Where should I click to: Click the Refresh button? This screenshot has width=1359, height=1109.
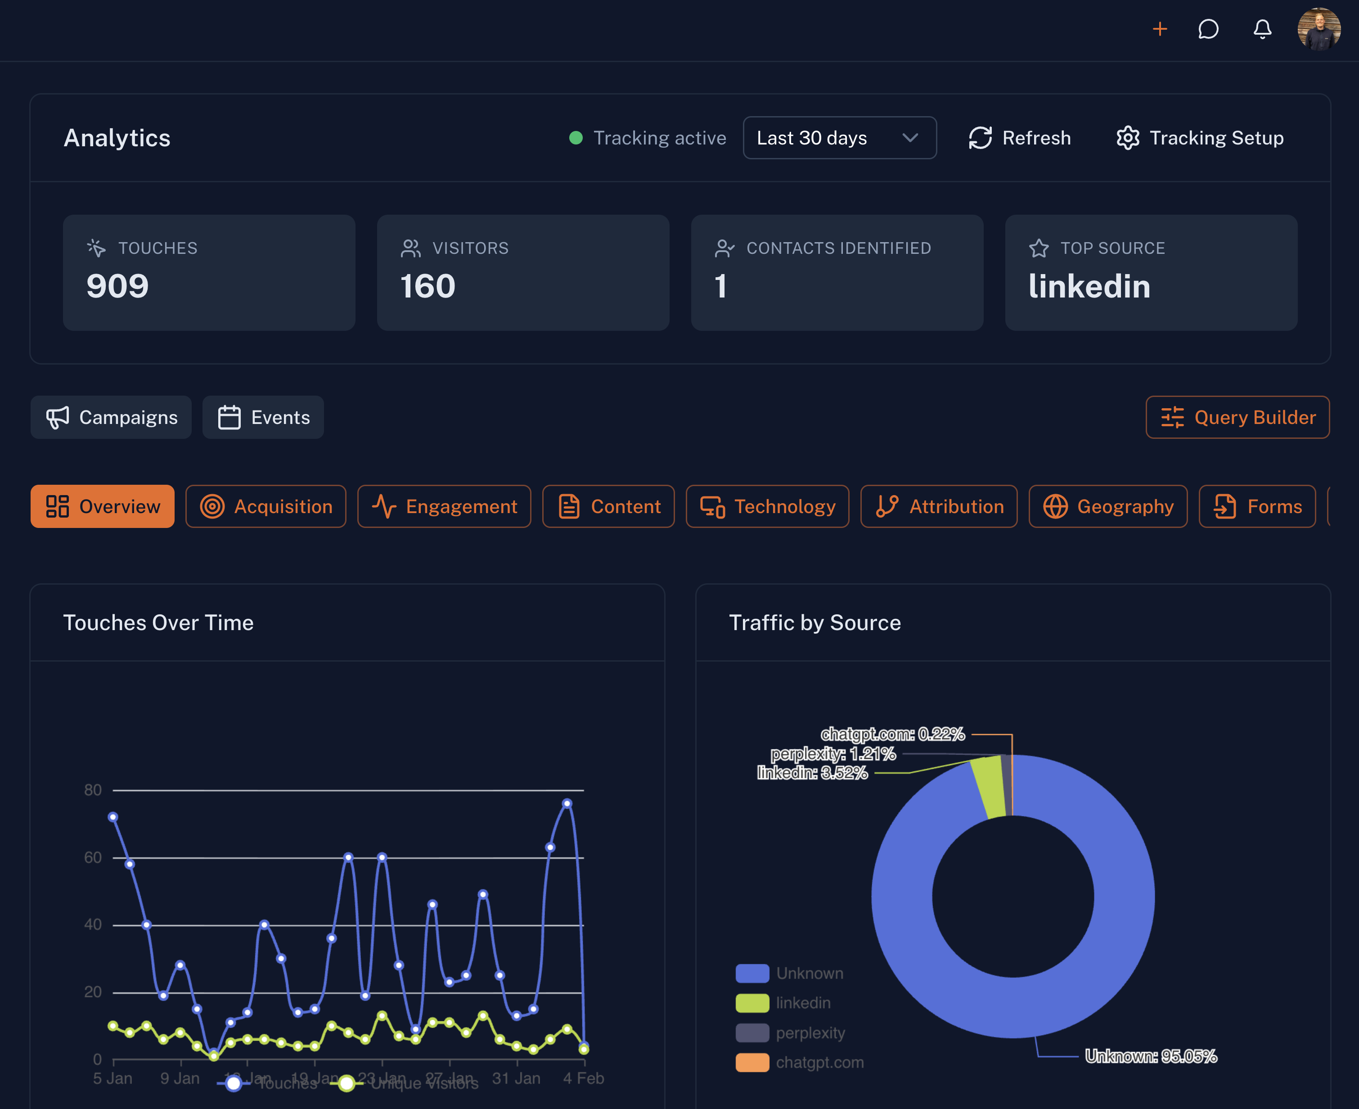tap(1020, 138)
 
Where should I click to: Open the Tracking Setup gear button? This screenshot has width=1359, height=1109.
tap(1200, 138)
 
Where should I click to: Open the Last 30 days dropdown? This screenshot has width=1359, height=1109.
tap(839, 138)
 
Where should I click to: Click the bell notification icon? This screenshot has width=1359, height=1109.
tap(1262, 29)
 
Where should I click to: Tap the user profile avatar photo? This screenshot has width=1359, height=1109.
tap(1319, 29)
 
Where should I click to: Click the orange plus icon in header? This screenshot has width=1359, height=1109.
tap(1160, 29)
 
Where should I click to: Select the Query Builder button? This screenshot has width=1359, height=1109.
tap(1237, 417)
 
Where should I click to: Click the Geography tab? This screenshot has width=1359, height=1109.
tap(1108, 507)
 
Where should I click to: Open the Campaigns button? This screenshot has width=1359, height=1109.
tap(111, 417)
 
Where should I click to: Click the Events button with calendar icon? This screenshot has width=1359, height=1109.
tap(263, 417)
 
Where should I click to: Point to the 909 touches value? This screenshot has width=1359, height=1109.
tap(117, 286)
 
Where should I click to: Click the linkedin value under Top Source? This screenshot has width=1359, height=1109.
tap(1089, 286)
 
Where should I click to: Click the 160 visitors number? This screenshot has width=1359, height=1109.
tap(428, 286)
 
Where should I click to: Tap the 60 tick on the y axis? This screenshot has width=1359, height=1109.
tap(93, 857)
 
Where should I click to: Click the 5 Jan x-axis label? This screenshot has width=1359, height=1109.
tap(112, 1078)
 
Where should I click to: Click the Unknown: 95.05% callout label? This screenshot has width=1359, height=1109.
tap(1150, 1057)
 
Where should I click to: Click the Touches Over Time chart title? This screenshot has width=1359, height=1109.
tap(158, 623)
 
